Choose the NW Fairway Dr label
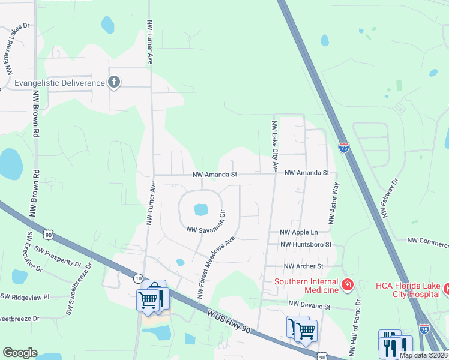click(x=389, y=198)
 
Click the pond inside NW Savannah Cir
click(x=200, y=210)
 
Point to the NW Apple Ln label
click(x=299, y=232)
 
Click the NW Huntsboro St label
click(x=306, y=245)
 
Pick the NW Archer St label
click(x=304, y=266)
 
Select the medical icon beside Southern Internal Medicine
click(x=346, y=283)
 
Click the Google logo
click(x=20, y=353)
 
